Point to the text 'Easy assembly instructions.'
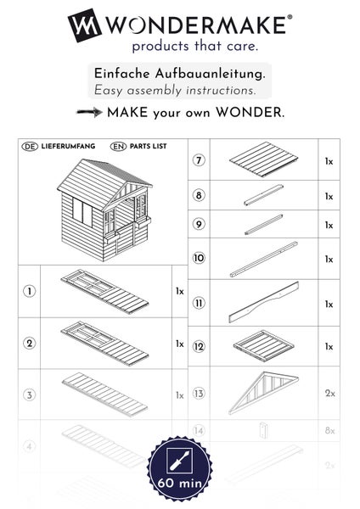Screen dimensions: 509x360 [174, 90]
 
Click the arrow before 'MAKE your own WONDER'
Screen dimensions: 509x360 [88, 112]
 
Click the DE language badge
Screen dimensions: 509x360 [29, 147]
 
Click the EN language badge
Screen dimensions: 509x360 [118, 147]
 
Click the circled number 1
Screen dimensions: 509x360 [30, 291]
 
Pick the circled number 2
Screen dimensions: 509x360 [30, 343]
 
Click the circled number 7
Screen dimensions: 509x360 [200, 159]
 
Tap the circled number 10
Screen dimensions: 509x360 [200, 258]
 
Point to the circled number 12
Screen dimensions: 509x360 [200, 346]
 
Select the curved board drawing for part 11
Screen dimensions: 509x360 [263, 303]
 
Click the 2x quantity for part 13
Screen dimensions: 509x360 [329, 393]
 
